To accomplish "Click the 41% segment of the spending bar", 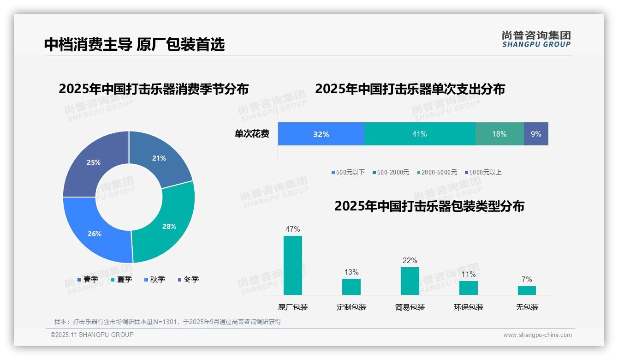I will click(x=419, y=134).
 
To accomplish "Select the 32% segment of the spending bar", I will click(x=321, y=134).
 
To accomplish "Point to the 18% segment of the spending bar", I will click(x=499, y=134).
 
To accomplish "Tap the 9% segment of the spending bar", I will click(x=536, y=134).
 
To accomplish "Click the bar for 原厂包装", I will click(x=292, y=265).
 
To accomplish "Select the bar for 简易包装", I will click(x=410, y=281).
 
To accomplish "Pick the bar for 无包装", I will click(x=527, y=290).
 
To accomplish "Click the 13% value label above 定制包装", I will click(x=351, y=272).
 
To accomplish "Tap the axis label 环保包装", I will click(x=469, y=307).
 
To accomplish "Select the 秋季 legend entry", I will click(x=154, y=280).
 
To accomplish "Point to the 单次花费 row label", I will click(x=252, y=134).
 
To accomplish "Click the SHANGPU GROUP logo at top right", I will click(x=536, y=39).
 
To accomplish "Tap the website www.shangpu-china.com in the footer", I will click(x=537, y=335).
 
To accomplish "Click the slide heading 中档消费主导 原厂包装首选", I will click(x=134, y=44).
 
